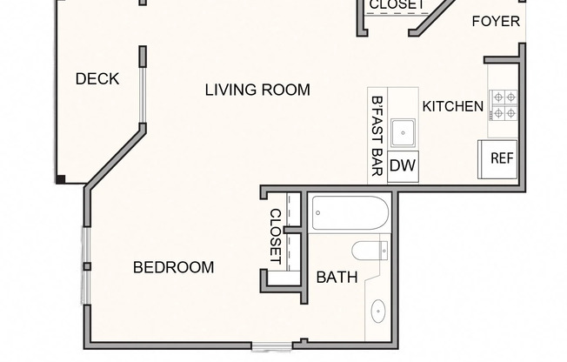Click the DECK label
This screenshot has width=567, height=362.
click(x=97, y=79)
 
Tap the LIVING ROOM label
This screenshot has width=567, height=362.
click(x=257, y=90)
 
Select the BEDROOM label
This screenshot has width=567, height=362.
click(x=174, y=267)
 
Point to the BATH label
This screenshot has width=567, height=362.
click(x=337, y=278)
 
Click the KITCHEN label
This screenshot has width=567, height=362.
click(x=453, y=106)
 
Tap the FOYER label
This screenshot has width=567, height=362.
click(x=496, y=22)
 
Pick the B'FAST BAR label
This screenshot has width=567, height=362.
click(x=377, y=136)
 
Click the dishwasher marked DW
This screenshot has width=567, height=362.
click(x=403, y=166)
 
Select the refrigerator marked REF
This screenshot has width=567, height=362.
click(x=497, y=159)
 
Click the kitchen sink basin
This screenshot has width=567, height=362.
click(x=403, y=133)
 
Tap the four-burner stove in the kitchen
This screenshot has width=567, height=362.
click(x=504, y=105)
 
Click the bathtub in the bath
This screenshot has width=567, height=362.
click(x=350, y=213)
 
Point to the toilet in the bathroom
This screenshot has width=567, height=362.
click(x=370, y=251)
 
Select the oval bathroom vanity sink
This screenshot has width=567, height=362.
click(x=378, y=311)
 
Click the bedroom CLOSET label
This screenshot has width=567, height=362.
click(x=276, y=237)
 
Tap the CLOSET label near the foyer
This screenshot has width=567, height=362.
click(x=397, y=4)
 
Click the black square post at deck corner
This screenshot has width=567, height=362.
click(x=60, y=179)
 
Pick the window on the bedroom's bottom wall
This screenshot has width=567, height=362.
click(x=272, y=347)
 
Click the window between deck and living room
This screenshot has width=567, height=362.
click(x=143, y=95)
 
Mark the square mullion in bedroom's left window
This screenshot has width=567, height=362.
click(x=87, y=267)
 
